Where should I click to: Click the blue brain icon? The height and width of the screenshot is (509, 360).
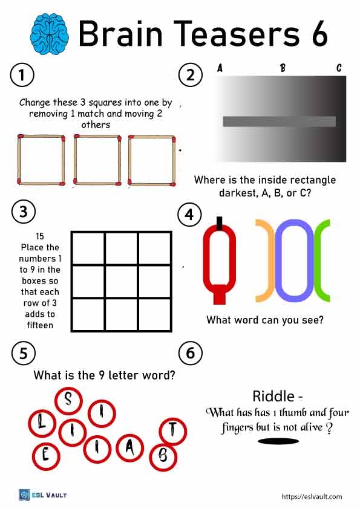49,33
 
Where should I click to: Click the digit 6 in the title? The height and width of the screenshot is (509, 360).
319,33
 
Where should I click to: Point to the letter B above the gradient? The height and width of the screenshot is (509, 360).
283,68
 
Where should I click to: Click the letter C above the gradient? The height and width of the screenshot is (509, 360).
339,68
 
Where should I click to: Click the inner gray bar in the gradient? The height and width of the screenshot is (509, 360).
280,122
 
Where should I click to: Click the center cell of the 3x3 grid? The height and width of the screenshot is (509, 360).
122,282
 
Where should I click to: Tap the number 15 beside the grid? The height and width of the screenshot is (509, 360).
40,236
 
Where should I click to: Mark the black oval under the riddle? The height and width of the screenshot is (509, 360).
278,441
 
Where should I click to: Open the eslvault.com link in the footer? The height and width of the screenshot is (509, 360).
312,496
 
